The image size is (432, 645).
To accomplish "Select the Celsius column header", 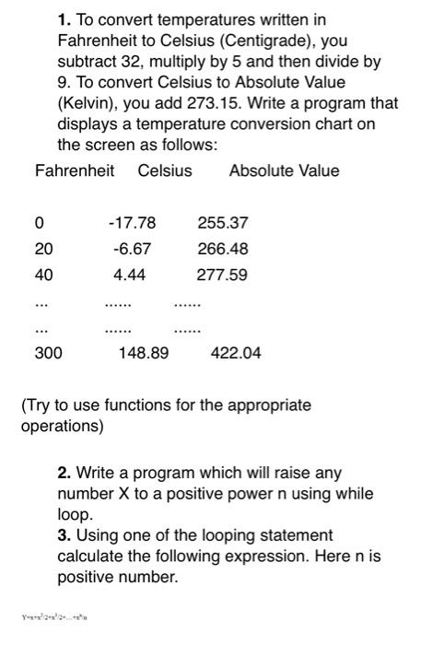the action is (165, 170).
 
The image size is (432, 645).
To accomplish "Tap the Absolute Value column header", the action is (284, 170).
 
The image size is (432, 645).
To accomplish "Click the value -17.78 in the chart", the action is (132, 222).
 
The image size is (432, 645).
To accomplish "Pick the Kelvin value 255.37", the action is (222, 222).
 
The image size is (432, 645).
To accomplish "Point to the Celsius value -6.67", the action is (132, 249).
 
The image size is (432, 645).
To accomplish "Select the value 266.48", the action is (222, 249).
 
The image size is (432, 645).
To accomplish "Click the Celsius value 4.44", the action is (131, 275).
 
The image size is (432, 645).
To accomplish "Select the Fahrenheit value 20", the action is (43, 249).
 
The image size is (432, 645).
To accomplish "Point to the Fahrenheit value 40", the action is (43, 275).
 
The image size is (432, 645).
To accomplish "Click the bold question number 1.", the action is (63, 19).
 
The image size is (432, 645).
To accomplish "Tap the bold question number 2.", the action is (63, 473).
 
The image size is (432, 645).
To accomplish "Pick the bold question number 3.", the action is (63, 535).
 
